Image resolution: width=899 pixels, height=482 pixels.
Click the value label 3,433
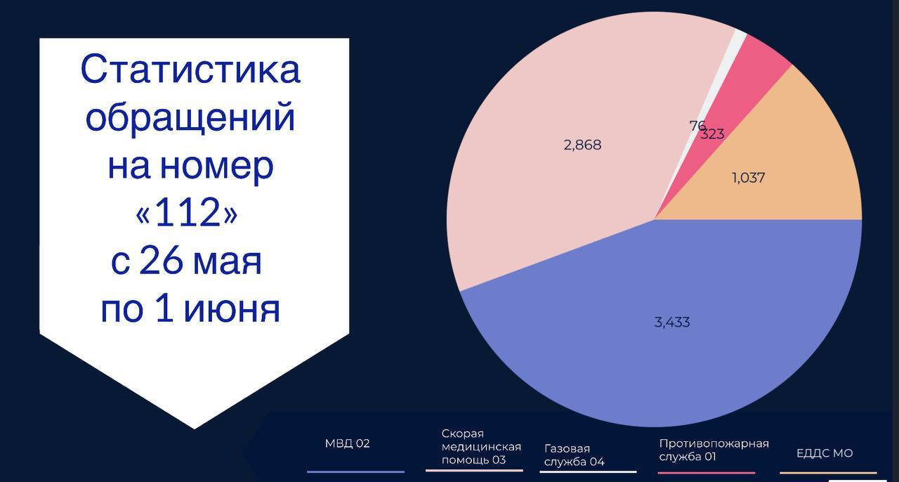click(672, 322)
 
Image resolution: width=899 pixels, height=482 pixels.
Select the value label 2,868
click(582, 145)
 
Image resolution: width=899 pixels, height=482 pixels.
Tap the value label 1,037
click(749, 178)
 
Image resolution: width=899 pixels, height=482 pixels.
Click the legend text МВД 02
click(347, 443)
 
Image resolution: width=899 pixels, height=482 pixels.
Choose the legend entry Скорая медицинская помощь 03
click(481, 447)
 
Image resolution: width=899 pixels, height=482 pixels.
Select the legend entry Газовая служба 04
click(575, 455)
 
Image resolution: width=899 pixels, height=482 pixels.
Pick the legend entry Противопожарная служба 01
click(714, 450)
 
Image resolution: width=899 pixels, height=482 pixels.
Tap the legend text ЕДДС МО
click(825, 453)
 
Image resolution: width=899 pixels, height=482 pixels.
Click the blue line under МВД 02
click(355, 472)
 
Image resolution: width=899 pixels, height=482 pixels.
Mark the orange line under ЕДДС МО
click(828, 473)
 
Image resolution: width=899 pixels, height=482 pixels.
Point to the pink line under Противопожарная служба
click(707, 473)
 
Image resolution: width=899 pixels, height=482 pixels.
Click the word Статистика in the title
click(190, 70)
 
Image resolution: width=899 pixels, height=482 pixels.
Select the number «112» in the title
click(187, 212)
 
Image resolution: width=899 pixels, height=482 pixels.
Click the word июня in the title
click(232, 310)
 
